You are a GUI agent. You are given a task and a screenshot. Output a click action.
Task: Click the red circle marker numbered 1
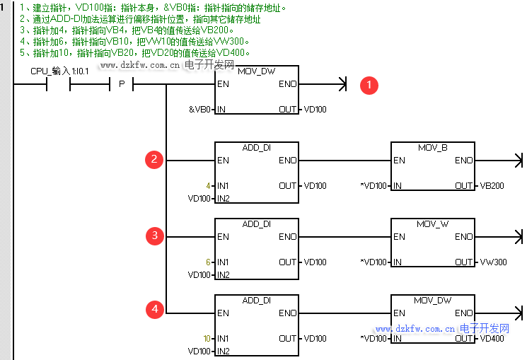pos(369,86)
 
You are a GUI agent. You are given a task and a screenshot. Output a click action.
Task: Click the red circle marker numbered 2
pos(155,160)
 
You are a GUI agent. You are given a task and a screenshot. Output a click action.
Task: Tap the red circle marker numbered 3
pos(155,236)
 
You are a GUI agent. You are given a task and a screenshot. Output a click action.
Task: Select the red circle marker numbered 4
pos(155,309)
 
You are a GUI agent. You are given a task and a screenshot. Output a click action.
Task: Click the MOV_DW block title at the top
pos(255,71)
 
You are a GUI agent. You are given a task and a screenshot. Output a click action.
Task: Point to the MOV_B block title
pos(432,148)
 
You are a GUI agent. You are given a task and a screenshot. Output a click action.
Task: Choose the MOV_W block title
pos(432,223)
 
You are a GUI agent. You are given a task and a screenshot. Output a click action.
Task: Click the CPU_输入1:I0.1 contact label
pos(59,71)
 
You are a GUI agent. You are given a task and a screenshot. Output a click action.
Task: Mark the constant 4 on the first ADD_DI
pos(209,186)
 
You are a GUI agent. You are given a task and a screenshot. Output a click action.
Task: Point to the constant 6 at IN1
pos(209,262)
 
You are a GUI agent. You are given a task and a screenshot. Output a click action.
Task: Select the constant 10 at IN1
pos(207,339)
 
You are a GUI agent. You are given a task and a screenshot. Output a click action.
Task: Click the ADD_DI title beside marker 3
pos(256,223)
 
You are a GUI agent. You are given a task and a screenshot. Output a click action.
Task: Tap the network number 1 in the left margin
pos(4,8)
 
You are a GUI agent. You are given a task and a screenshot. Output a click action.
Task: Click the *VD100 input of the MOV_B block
pos(374,186)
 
